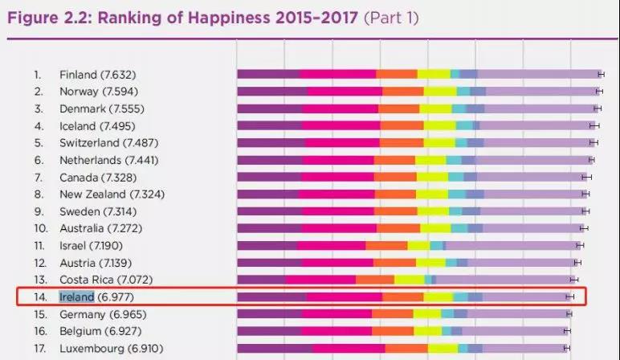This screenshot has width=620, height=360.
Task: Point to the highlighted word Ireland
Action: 77,297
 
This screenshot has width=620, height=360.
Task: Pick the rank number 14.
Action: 37,297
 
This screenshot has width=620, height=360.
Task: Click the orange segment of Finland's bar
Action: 397,75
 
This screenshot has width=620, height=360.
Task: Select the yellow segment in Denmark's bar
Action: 436,108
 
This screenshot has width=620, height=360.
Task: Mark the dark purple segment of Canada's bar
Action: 269,177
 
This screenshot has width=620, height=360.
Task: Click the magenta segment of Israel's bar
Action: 332,245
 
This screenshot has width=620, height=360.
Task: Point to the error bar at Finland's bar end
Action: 600,75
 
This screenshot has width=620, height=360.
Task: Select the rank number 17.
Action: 37,348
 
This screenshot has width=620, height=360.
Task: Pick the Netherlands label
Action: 90,160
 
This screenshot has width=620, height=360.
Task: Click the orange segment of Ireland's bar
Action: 403,297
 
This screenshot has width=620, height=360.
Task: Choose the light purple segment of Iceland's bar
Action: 535,125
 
